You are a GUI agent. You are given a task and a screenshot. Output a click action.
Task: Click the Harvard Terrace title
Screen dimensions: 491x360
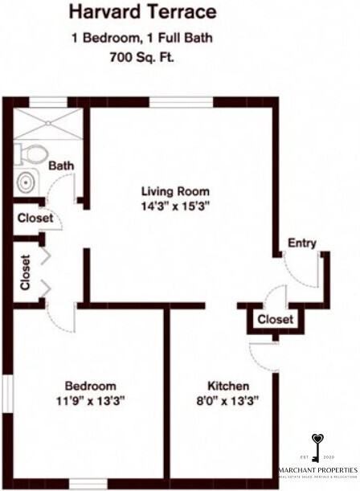coord(141,12)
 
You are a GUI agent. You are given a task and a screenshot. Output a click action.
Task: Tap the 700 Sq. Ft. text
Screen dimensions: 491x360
coord(141,57)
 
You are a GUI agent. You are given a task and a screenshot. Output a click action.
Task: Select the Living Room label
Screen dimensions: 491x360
coord(175,191)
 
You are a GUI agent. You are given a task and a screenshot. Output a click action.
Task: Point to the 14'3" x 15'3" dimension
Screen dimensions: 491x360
coord(175,206)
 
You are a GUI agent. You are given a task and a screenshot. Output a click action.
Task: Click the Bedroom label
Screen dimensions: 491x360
coord(90,385)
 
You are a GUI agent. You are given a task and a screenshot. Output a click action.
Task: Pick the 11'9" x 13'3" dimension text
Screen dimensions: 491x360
coord(90,399)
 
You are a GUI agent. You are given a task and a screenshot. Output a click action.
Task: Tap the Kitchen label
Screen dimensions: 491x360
coord(227,385)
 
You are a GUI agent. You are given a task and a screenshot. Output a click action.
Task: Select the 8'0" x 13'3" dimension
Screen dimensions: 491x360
coord(227,399)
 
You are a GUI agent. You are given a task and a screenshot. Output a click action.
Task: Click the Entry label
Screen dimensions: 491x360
coord(302,243)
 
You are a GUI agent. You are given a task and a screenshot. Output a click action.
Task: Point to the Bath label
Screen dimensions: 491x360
coord(61,166)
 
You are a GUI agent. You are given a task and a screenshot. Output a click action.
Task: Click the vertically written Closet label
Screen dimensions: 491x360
coord(25,272)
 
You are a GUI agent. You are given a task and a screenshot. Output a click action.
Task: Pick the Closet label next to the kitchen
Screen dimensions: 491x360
coord(276,320)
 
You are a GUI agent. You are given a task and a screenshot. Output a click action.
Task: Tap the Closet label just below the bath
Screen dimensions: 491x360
coord(35,218)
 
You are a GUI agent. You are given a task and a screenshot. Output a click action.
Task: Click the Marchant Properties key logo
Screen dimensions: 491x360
coord(318,446)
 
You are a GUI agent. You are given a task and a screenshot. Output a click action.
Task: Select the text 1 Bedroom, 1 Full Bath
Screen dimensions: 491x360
coord(141,38)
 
